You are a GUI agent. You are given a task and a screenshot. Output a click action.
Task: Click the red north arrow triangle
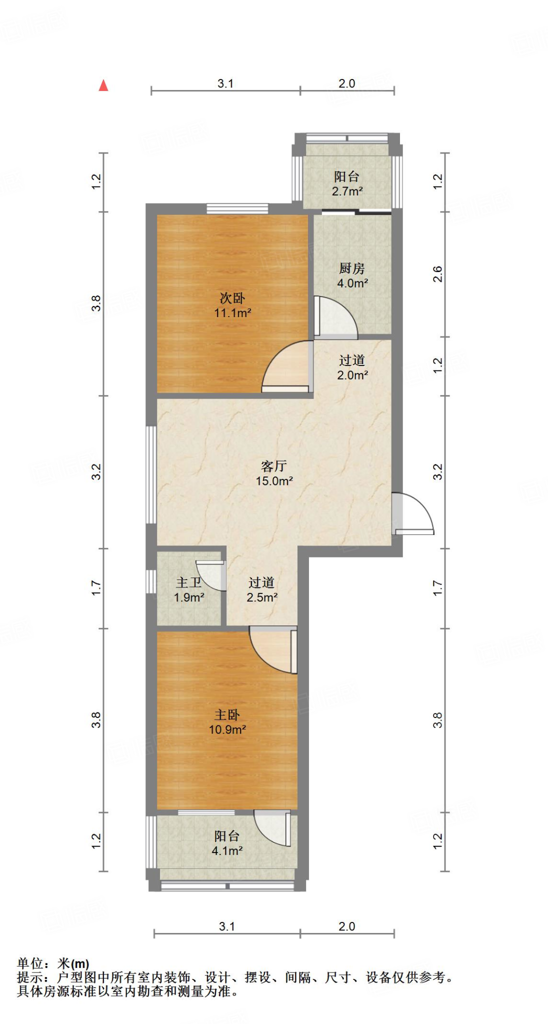103,85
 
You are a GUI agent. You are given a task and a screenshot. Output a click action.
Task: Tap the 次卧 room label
232,298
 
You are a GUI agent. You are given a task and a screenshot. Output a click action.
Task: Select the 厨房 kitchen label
352,268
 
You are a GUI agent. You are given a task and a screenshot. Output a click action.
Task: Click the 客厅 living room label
274,466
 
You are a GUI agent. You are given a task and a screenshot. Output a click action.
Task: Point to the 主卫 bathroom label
189,582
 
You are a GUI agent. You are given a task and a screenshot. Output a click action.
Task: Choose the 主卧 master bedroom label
227,715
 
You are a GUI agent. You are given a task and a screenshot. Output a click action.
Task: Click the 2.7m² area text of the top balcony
347,191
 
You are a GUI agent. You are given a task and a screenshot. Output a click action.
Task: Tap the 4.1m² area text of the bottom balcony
227,850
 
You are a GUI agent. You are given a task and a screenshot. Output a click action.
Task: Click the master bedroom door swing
273,650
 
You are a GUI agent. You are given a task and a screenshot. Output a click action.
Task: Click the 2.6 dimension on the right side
437,274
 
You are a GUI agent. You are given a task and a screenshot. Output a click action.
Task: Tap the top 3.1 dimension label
225,83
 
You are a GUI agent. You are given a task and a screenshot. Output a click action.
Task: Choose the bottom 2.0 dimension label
346,926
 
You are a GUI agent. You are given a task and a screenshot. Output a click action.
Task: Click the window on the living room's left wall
151,474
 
